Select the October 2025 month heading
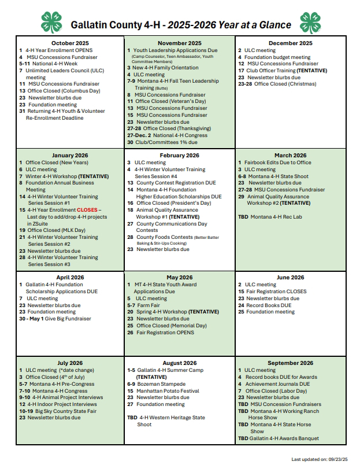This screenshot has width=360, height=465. pyautogui.click(x=70, y=43)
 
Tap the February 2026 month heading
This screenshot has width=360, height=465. pyautogui.click(x=180, y=155)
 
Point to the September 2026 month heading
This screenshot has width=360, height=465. pyautogui.click(x=290, y=363)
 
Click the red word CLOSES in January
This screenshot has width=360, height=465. pyautogui.click(x=87, y=210)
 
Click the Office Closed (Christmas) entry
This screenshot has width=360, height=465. pyautogui.click(x=285, y=84)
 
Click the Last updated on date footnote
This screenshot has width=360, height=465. pyautogui.click(x=320, y=459)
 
